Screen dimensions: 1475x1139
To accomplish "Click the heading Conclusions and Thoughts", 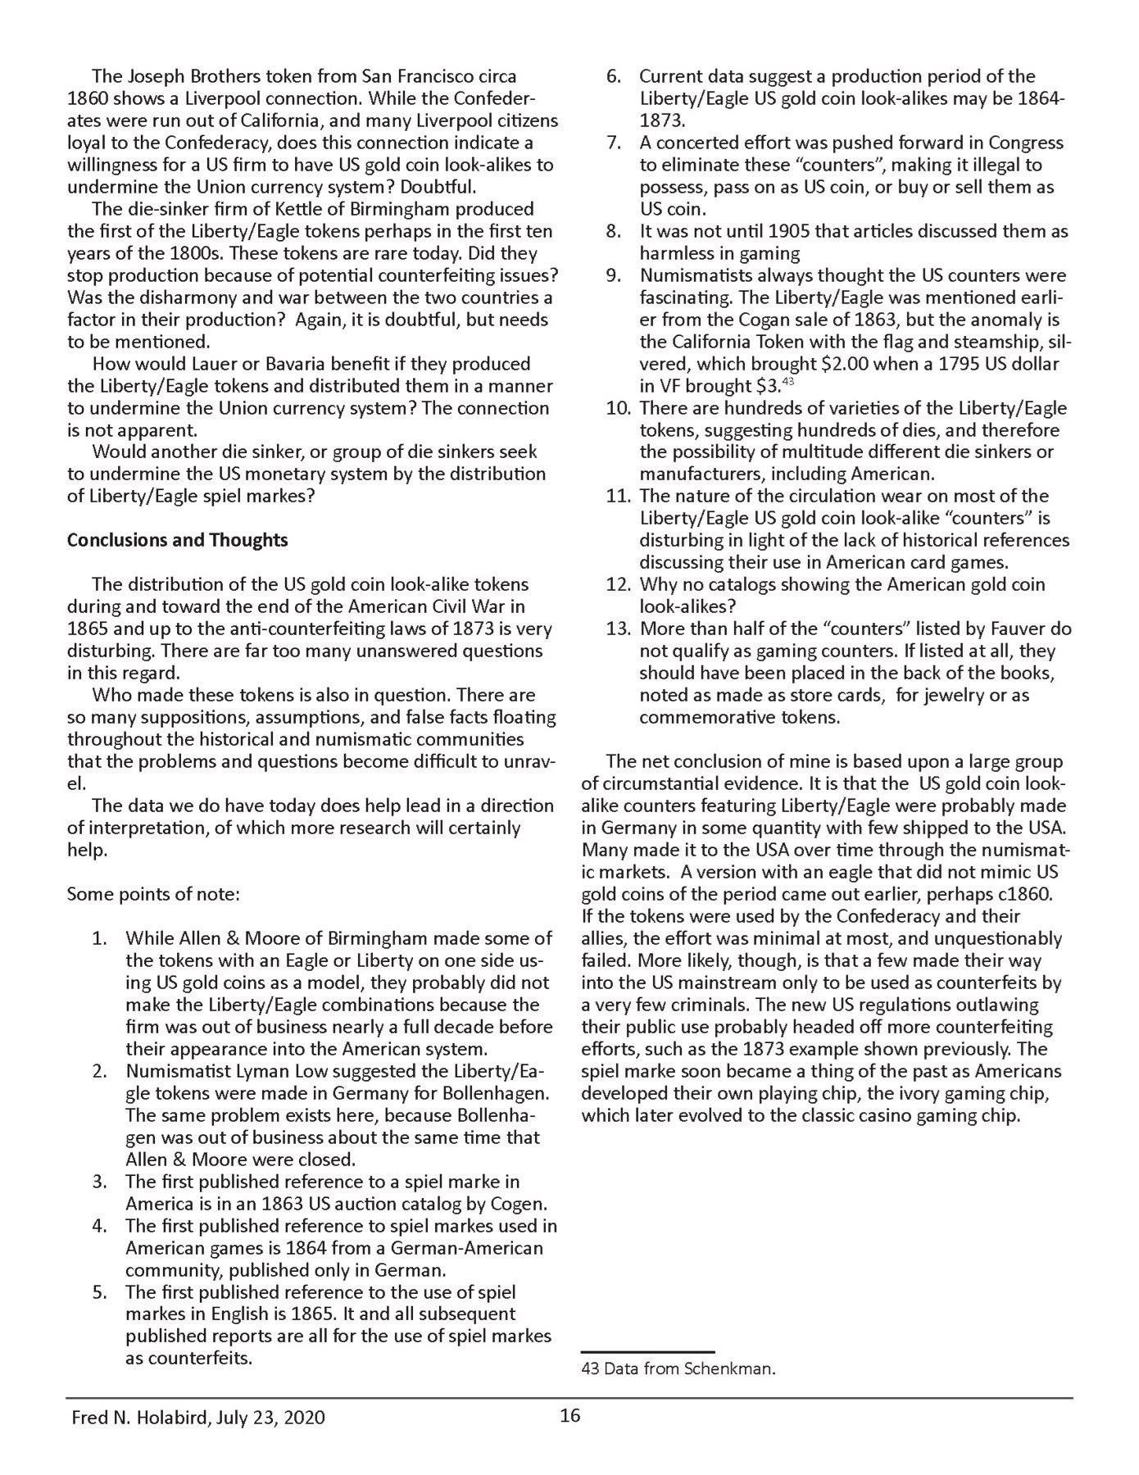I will [x=177, y=541].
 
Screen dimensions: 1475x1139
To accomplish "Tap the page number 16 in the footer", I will [x=570, y=1416].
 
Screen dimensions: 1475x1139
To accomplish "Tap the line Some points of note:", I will [x=153, y=894].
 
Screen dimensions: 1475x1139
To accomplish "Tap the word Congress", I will [x=1024, y=143].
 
